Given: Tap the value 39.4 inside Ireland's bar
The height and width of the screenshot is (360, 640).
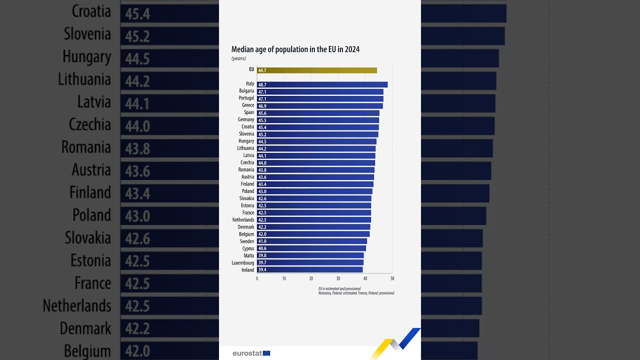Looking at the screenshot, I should click(x=262, y=270).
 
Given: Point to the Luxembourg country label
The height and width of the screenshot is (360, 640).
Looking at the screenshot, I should click(x=242, y=263).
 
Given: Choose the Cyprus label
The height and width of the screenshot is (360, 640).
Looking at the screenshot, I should click(x=248, y=248).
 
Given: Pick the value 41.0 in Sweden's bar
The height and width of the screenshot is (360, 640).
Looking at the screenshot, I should click(x=262, y=241).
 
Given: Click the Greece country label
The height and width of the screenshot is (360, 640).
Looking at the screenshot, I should click(x=248, y=105).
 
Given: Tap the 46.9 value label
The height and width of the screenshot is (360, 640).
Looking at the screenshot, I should click(x=262, y=106).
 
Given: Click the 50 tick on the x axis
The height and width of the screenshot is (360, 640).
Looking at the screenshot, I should click(x=392, y=278).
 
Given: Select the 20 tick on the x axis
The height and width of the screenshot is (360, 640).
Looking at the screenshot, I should click(x=311, y=278).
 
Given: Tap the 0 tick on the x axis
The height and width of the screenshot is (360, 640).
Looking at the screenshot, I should click(x=257, y=278).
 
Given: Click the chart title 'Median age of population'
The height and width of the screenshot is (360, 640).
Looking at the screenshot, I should click(x=295, y=49).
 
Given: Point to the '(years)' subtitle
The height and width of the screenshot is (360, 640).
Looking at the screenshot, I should click(x=238, y=58).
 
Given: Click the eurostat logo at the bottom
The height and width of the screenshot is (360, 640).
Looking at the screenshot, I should click(x=251, y=353).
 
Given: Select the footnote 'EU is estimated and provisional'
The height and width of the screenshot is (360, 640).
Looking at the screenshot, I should click(x=339, y=288).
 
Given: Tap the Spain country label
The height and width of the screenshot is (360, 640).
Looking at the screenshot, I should click(x=249, y=112).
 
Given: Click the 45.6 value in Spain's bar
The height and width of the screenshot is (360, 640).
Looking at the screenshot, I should click(x=262, y=113).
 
